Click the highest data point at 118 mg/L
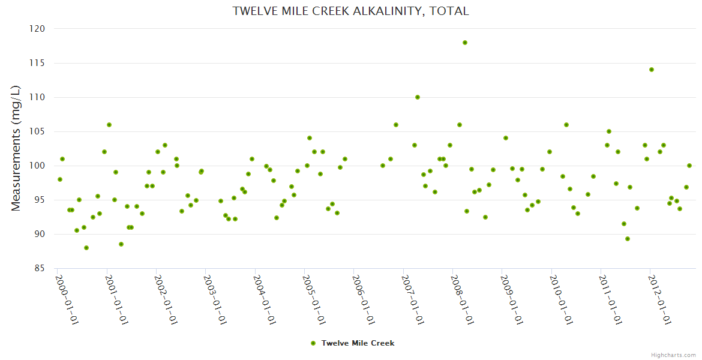coord(465,43)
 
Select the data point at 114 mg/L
coord(652,70)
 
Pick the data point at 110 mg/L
coord(418,97)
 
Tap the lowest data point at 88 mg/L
coord(86,248)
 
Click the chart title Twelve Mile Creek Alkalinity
coord(351,11)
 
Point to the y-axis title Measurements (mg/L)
coord(16,148)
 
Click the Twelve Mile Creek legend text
coord(358,343)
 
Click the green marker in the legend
coord(313,343)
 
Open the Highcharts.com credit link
coord(673,355)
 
